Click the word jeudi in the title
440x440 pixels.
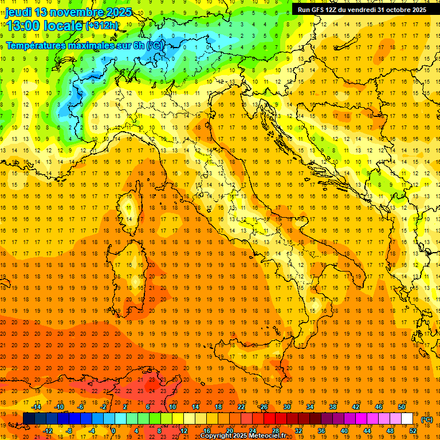click(x=18, y=11)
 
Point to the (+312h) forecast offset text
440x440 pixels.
click(x=102, y=26)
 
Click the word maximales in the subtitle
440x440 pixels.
click(x=89, y=45)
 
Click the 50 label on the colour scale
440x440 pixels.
click(x=402, y=407)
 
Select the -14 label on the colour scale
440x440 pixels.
click(x=37, y=407)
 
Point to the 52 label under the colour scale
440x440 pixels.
click(x=413, y=431)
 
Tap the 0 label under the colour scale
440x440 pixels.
click(x=113, y=431)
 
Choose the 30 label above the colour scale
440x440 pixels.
click(x=286, y=407)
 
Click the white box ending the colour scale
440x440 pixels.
click(x=407, y=419)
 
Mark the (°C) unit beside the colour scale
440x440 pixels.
click(x=427, y=419)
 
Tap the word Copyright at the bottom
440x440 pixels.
click(x=217, y=436)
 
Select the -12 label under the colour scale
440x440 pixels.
click(x=48, y=431)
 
